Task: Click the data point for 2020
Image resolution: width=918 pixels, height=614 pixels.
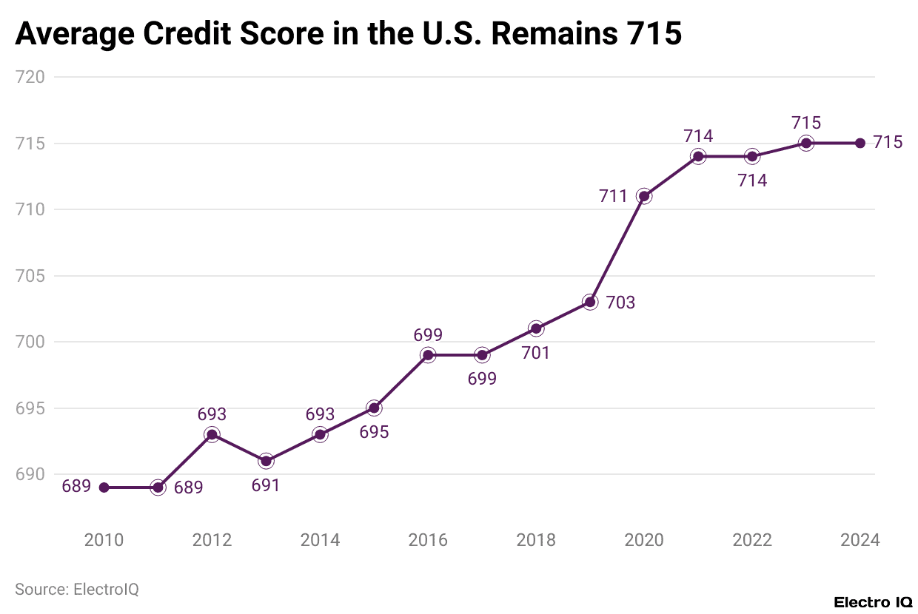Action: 644,196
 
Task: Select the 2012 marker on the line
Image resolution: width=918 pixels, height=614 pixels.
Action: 212,434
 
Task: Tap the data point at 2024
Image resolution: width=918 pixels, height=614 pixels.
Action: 860,143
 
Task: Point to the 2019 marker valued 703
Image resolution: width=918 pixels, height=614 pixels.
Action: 590,302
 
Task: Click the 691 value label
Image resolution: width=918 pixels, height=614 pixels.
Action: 266,486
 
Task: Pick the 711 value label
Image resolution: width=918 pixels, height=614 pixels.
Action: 614,196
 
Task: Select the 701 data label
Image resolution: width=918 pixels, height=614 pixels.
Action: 535,353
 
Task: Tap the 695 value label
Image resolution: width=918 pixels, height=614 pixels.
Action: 374,432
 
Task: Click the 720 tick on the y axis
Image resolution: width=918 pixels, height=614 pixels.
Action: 30,77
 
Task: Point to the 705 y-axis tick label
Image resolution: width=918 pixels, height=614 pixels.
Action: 30,276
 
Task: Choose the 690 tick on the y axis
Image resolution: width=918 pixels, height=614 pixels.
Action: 30,474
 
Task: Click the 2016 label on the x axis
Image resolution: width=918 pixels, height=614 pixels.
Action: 428,540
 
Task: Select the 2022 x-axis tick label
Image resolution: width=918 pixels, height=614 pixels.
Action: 752,540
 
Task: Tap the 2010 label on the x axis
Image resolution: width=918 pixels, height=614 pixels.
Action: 104,540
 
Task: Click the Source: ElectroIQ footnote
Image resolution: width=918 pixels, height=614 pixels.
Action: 77,590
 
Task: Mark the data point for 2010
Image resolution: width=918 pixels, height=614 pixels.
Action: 104,488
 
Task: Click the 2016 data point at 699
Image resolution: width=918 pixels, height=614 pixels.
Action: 428,355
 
